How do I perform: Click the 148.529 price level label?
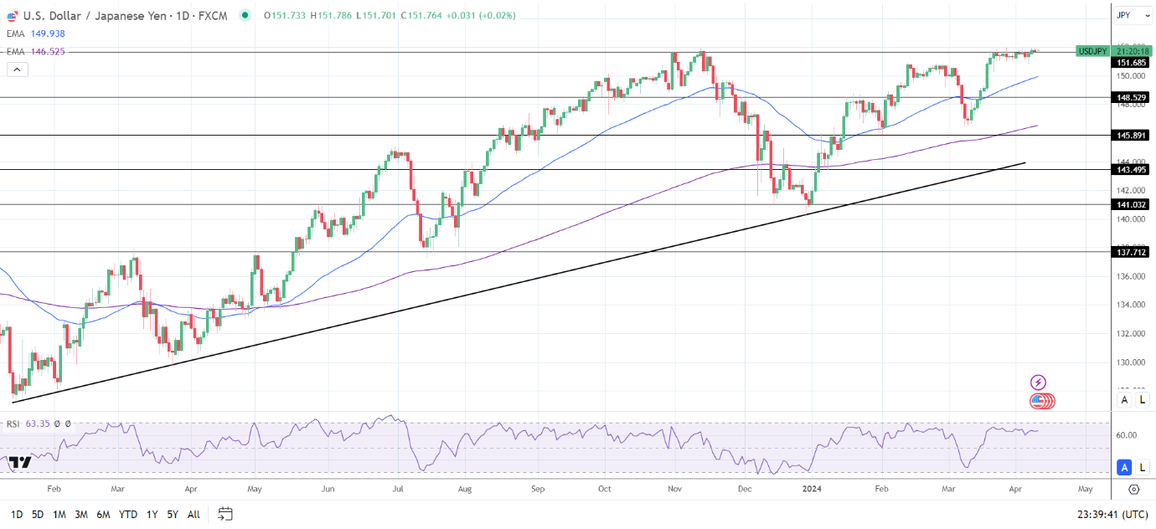tap(1131, 98)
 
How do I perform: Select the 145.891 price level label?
tap(1131, 136)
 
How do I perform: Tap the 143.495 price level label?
tap(1131, 170)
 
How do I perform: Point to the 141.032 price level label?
tap(1131, 204)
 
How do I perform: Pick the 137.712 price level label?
tap(1131, 251)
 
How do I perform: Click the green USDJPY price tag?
tap(1092, 51)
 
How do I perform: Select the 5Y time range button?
tap(172, 514)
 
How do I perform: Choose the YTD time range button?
tap(128, 514)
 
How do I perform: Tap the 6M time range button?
tap(103, 514)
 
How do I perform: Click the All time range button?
tap(194, 514)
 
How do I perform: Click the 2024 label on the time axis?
tap(812, 488)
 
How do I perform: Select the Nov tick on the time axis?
tap(675, 488)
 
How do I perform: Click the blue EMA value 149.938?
tap(47, 33)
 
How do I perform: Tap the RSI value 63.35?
tap(39, 424)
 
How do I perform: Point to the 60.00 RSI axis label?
tap(1126, 435)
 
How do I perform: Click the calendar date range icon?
tap(224, 513)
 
